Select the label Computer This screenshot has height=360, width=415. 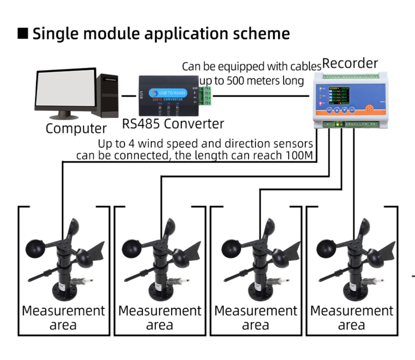(x=76, y=128)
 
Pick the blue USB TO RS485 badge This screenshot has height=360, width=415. (x=169, y=93)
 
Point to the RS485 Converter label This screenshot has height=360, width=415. (x=173, y=124)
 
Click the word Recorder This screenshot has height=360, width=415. (x=350, y=63)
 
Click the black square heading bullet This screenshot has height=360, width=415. (x=23, y=34)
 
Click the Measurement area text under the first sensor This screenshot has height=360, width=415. (x=64, y=318)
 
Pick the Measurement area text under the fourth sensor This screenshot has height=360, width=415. (x=351, y=318)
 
